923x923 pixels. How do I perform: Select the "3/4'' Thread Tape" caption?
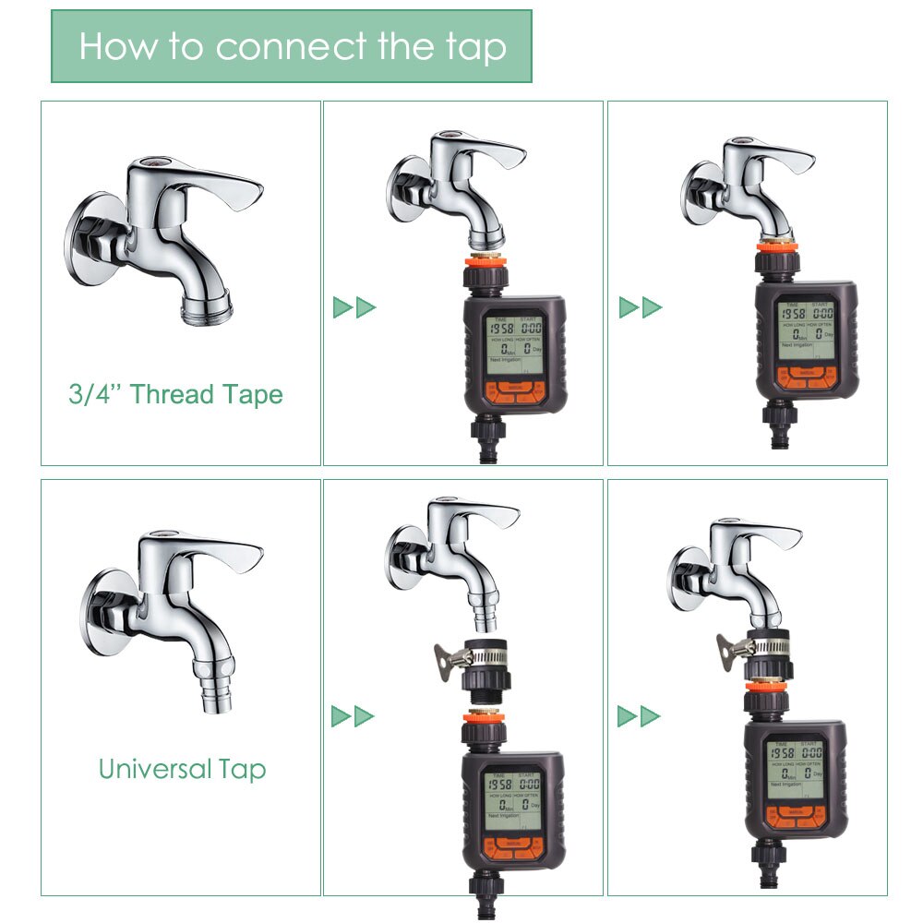pos(175,394)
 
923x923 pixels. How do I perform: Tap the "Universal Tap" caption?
pos(182,768)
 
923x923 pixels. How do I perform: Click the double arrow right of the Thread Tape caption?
pos(354,307)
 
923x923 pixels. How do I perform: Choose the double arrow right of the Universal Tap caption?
pos(353,715)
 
